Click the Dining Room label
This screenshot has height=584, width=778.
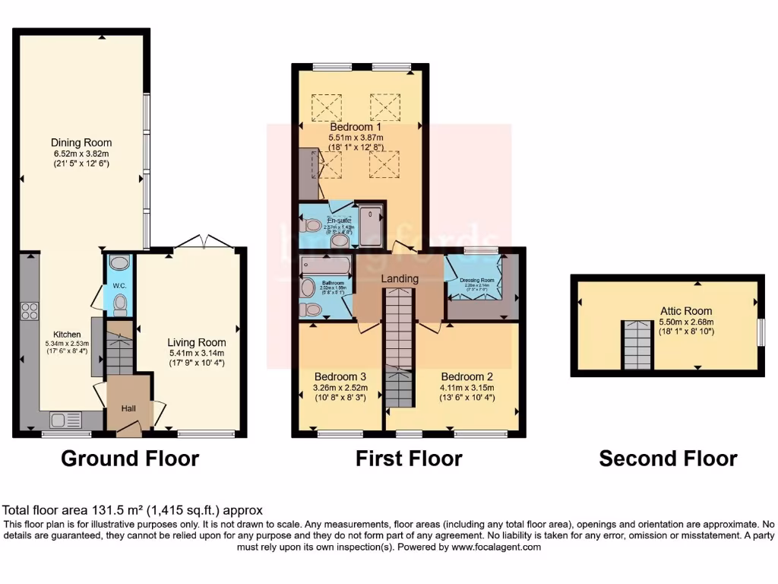click(x=81, y=142)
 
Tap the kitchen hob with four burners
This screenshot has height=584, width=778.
click(x=29, y=310)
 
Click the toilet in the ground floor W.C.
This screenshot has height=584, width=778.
click(x=119, y=305)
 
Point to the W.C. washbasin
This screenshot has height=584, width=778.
click(x=119, y=263)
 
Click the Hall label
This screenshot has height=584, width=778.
click(x=130, y=408)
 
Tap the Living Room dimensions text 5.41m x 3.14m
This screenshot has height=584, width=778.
click(x=197, y=353)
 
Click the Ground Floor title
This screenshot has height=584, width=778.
click(x=130, y=459)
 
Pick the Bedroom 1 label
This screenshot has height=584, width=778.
click(x=362, y=126)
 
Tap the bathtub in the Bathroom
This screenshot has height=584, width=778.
click(x=326, y=265)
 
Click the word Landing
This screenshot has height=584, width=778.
click(x=400, y=278)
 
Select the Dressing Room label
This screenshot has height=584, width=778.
click(x=477, y=280)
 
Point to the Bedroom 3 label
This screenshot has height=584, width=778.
click(x=340, y=376)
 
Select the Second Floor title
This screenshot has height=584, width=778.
click(x=667, y=459)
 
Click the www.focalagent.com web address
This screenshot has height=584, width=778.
click(x=496, y=547)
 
